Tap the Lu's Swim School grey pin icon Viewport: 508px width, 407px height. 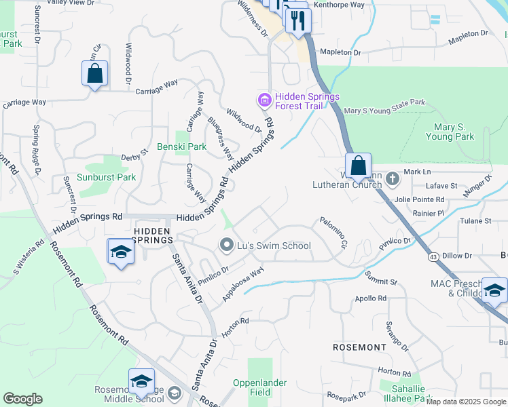tap(227, 245)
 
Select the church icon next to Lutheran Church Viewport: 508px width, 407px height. tap(391, 179)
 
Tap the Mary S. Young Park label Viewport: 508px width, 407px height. tap(450, 132)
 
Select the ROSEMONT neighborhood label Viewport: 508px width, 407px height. tap(360, 347)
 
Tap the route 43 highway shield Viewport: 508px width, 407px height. tap(433, 256)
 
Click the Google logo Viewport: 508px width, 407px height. tap(22, 399)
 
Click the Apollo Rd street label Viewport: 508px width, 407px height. tap(370, 298)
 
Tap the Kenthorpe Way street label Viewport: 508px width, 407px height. tap(339, 5)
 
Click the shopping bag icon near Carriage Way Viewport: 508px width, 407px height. tap(95, 73)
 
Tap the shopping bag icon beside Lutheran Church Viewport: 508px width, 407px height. tap(358, 165)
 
